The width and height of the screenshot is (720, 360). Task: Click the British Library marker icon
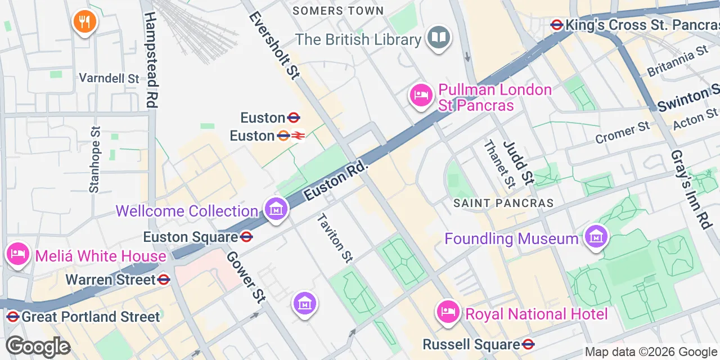pyautogui.click(x=439, y=39)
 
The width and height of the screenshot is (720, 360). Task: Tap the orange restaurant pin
pyautogui.click(x=85, y=22)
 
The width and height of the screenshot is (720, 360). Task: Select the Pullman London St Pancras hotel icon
pyautogui.click(x=421, y=96)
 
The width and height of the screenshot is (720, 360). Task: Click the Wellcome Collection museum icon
pyautogui.click(x=276, y=210)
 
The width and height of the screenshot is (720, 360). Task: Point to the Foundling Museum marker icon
pyautogui.click(x=596, y=237)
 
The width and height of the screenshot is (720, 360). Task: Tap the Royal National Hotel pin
pyautogui.click(x=448, y=312)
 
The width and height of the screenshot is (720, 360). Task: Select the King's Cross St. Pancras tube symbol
pyautogui.click(x=557, y=25)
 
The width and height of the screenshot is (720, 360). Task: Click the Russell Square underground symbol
pyautogui.click(x=528, y=344)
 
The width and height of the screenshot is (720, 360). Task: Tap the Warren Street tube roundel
pyautogui.click(x=164, y=280)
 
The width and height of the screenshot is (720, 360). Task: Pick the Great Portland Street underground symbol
pyautogui.click(x=13, y=317)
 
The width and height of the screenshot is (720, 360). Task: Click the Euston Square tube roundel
pyautogui.click(x=246, y=237)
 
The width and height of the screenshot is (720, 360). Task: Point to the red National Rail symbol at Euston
pyautogui.click(x=298, y=136)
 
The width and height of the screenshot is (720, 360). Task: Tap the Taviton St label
pyautogui.click(x=335, y=238)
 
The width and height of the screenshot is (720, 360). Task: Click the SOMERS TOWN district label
pyautogui.click(x=338, y=11)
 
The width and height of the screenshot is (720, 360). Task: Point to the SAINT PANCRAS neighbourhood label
pyautogui.click(x=503, y=203)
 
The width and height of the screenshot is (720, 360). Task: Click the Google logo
pyautogui.click(x=38, y=346)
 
